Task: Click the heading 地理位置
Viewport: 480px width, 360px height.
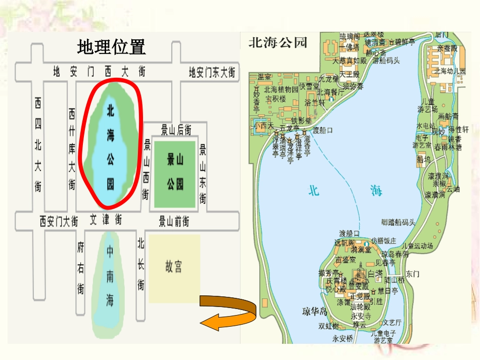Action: click(111, 47)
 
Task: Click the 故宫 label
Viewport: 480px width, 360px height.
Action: click(173, 266)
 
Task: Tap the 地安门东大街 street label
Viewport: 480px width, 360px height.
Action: click(212, 72)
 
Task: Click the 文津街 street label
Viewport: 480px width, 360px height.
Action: click(106, 221)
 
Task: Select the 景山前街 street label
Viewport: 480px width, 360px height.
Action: click(174, 221)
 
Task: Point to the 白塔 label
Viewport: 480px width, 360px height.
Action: click(375, 273)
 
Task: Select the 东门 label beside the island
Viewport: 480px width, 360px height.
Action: click(412, 274)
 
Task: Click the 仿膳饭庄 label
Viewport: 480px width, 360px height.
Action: click(383, 240)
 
